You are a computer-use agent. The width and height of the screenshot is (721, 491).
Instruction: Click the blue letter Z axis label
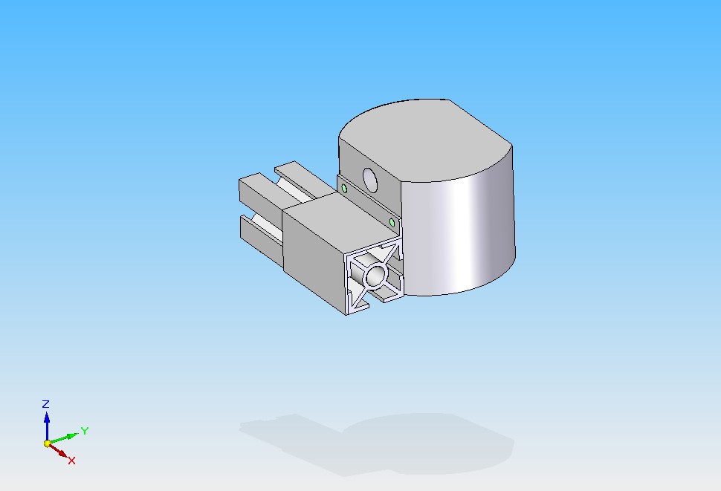(45, 404)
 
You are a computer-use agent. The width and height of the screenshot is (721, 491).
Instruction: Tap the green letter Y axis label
(85, 431)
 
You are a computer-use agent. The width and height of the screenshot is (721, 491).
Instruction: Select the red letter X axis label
(71, 461)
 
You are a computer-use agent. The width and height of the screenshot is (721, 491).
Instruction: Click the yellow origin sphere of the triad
(48, 443)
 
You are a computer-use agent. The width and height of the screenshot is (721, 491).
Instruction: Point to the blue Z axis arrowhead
(47, 417)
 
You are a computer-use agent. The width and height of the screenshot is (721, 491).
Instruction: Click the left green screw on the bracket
(344, 188)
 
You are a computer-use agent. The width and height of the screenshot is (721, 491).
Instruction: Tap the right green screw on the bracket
(392, 223)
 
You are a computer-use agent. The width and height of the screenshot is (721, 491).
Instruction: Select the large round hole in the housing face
(370, 180)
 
